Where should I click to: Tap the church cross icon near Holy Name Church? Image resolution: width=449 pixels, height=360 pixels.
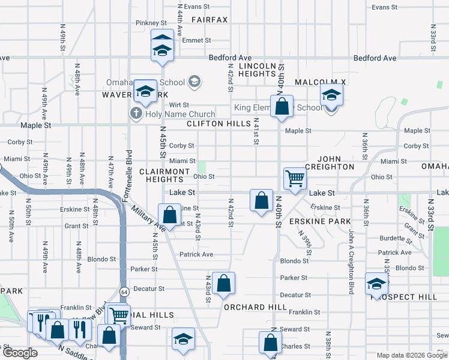coord(136,113)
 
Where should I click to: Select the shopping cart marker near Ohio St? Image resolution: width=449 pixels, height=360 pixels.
coord(295,178)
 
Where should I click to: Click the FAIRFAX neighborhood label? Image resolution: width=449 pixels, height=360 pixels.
coord(209,20)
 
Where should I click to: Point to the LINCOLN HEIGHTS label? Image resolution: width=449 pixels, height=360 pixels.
coord(257,69)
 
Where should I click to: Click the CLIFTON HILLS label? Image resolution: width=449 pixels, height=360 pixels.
coord(218,124)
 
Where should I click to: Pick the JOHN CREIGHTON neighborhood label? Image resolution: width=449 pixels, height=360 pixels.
coord(330,166)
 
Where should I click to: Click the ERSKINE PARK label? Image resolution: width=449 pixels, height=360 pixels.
coord(311,221)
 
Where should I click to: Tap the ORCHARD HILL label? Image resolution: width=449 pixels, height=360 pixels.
coord(255,307)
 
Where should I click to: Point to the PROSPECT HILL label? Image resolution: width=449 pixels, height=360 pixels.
coord(421,297)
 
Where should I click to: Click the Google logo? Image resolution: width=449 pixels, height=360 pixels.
coord(20,353)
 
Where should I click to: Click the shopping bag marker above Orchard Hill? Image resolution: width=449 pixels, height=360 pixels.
coord(223,285)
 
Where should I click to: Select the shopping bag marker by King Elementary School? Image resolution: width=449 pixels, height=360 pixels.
coord(282,107)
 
